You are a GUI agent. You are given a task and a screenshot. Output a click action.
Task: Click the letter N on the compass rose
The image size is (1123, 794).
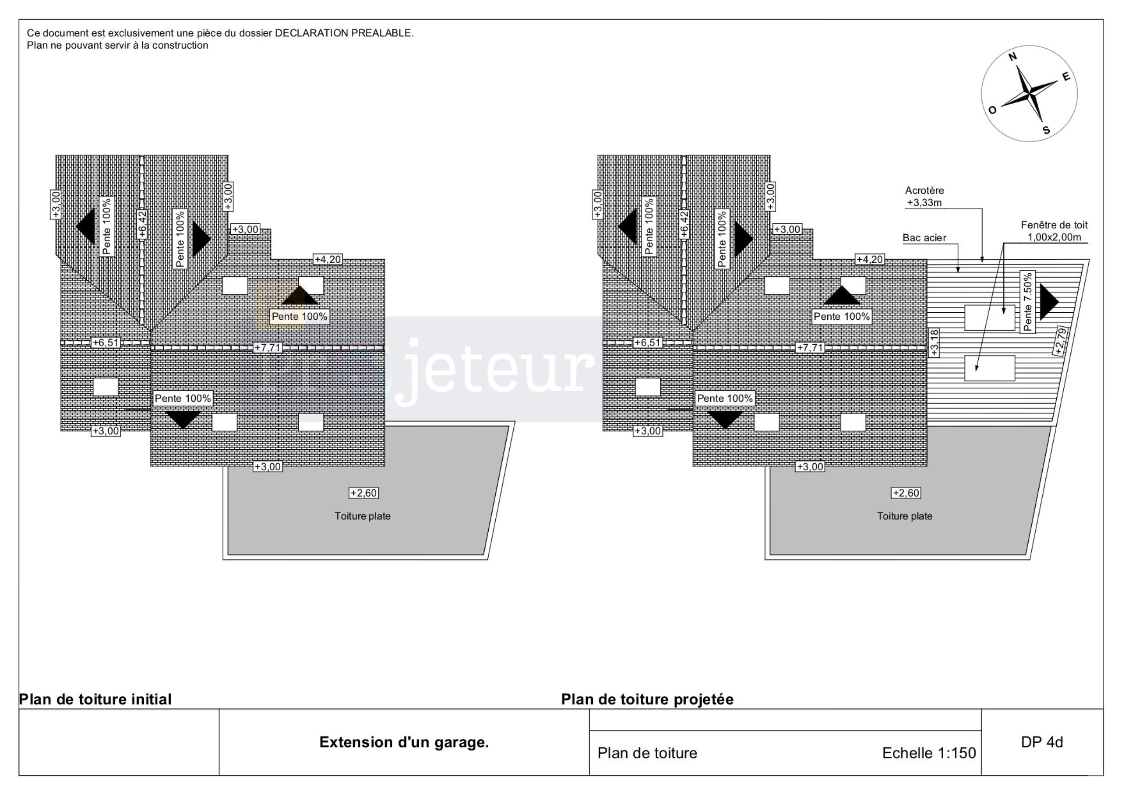[x=1012, y=57]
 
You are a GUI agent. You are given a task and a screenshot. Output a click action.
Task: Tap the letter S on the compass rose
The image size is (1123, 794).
[x=1046, y=130]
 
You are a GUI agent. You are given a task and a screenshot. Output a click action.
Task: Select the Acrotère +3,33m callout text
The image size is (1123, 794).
[x=924, y=196]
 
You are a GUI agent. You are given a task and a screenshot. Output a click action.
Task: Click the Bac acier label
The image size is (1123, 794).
[x=924, y=238]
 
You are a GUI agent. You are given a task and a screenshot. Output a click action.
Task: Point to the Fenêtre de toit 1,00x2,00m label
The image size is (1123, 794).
[x=1054, y=231]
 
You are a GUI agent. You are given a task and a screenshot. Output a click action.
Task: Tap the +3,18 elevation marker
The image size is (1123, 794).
[x=934, y=343]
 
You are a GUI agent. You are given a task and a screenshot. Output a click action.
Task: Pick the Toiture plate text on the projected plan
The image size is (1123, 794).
[x=905, y=516]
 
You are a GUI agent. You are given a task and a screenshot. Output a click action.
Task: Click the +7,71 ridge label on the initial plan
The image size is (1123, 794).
[x=268, y=348]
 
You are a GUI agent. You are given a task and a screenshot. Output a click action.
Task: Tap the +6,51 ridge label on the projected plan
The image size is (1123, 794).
[x=647, y=343]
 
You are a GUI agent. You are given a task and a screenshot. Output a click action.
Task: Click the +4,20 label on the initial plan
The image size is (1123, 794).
[x=328, y=259]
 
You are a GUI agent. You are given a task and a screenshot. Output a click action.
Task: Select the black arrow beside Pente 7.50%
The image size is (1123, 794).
[x=1048, y=302]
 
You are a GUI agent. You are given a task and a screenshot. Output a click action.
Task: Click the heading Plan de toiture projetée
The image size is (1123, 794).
[x=647, y=699]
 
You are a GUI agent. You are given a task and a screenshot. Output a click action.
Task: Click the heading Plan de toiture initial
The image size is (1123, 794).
[x=95, y=699]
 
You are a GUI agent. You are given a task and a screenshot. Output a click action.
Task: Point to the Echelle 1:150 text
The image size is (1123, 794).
[x=929, y=753]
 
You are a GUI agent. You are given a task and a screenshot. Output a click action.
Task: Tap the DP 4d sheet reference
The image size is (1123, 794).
[x=1042, y=742]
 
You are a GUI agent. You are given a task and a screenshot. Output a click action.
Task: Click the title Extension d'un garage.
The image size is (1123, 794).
[x=404, y=742]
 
